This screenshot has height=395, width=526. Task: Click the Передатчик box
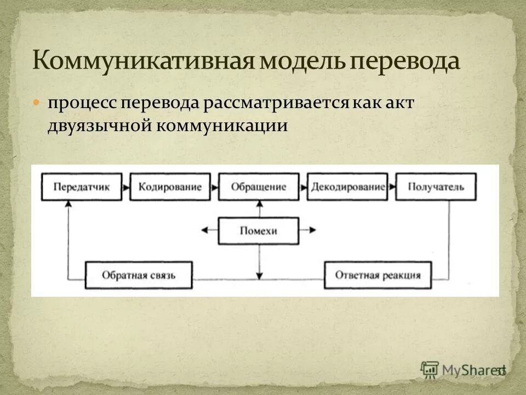pyautogui.click(x=81, y=187)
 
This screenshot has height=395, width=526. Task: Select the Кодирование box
pyautogui.click(x=170, y=187)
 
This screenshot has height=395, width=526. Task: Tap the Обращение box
pyautogui.click(x=259, y=187)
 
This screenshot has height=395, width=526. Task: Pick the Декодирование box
pyautogui.click(x=347, y=187)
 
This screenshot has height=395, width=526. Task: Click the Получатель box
pyautogui.click(x=436, y=187)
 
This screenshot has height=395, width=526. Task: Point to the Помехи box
pyautogui.click(x=259, y=231)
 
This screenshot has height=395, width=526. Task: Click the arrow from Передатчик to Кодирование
pyautogui.click(x=126, y=187)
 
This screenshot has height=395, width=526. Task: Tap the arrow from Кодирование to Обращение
pyautogui.click(x=214, y=187)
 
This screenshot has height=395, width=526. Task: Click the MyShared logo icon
pyautogui.click(x=429, y=369)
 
